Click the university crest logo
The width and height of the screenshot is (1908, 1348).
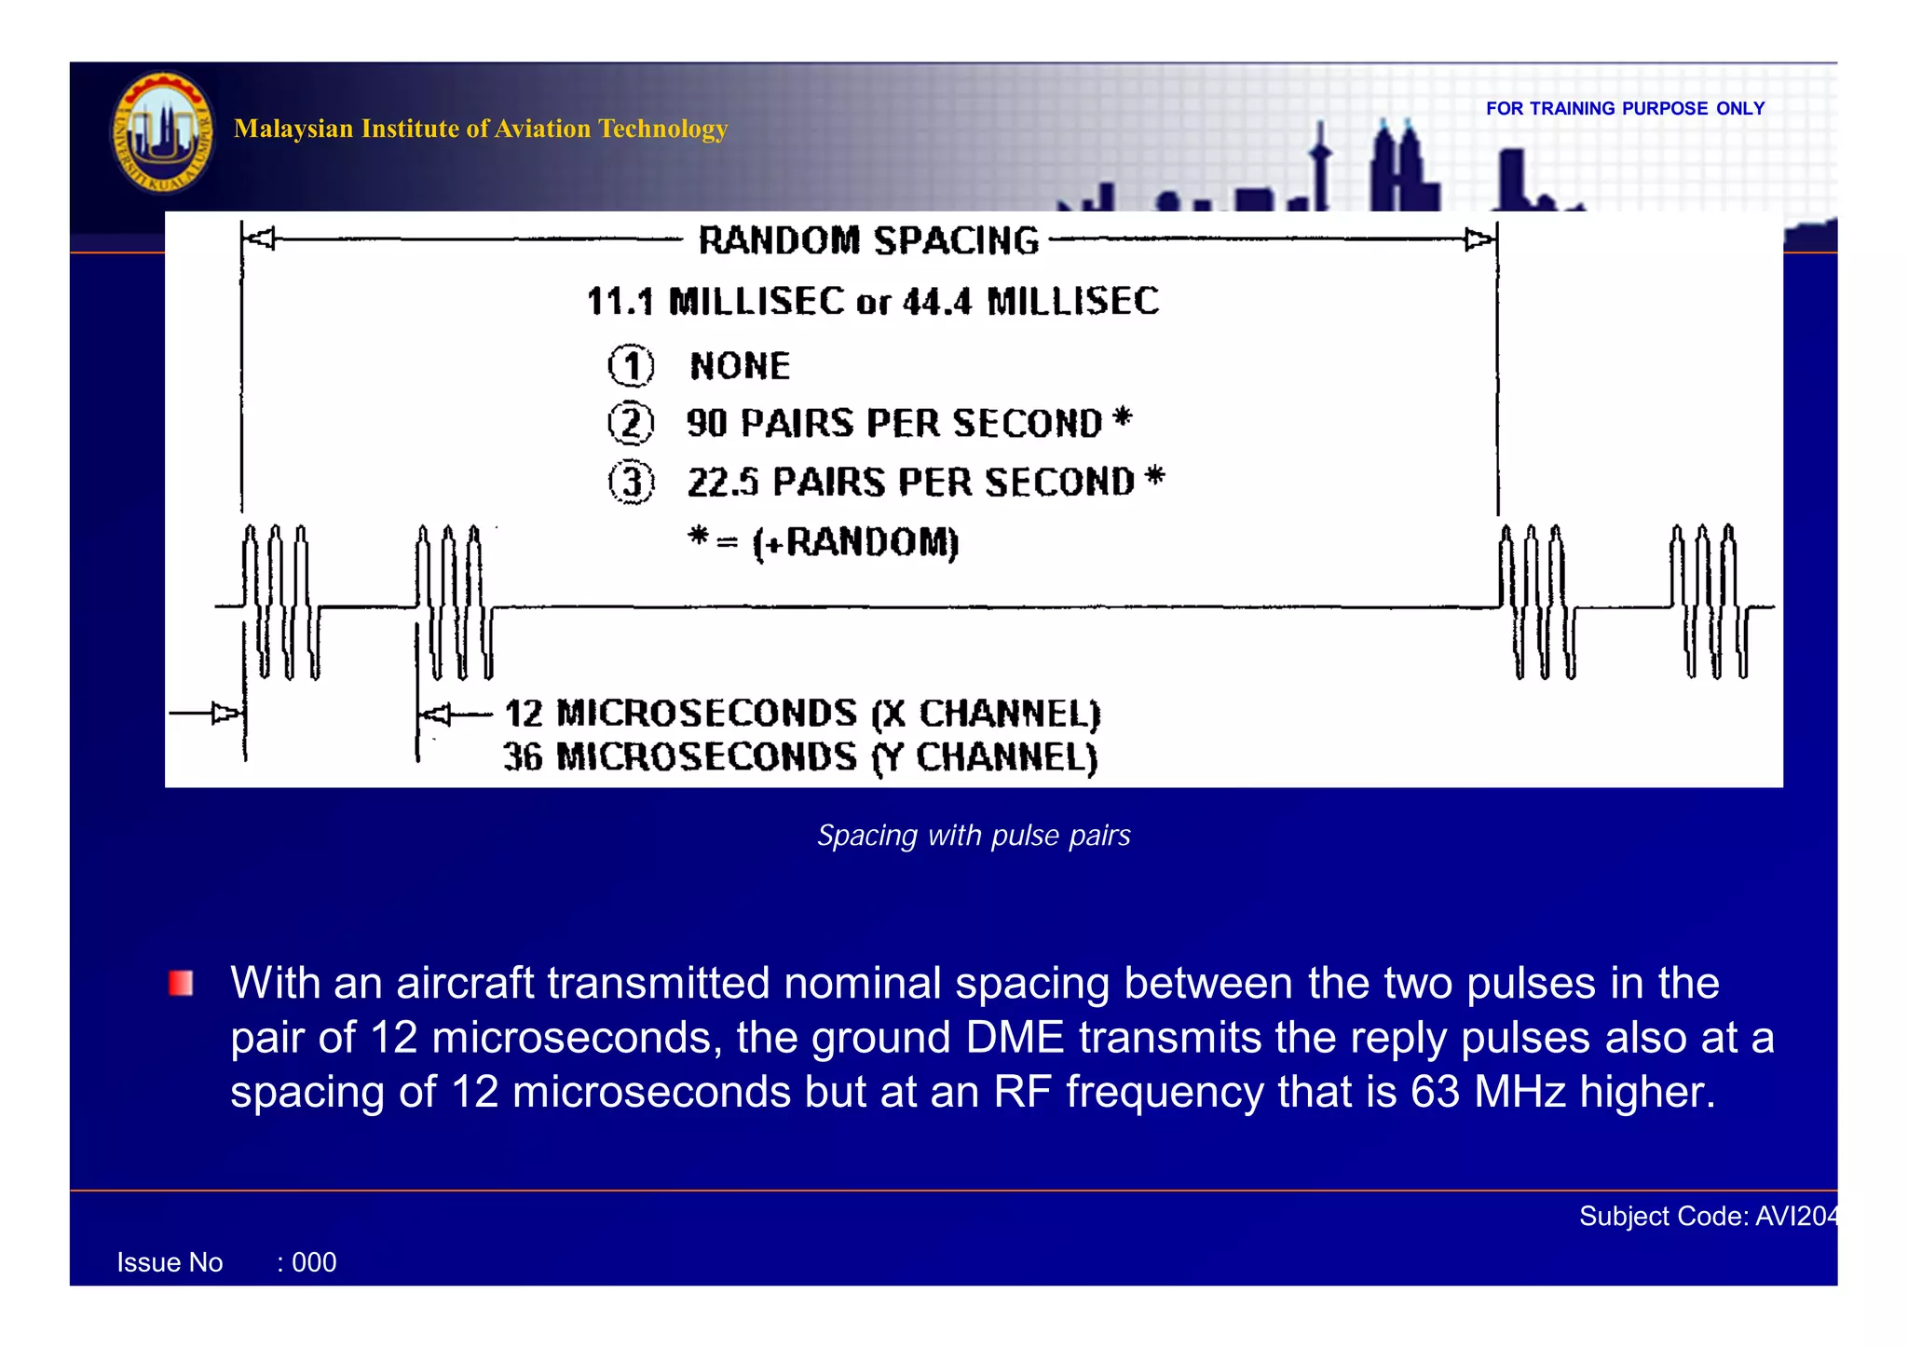pos(163,132)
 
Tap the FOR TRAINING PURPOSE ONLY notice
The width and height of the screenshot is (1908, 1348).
pos(1625,109)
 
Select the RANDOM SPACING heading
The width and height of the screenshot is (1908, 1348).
pos(868,241)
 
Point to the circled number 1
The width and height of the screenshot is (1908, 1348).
pos(632,366)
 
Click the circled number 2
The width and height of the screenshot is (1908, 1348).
pos(632,424)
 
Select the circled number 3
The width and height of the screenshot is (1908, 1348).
pos(632,483)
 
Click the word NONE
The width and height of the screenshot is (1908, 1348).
pos(740,366)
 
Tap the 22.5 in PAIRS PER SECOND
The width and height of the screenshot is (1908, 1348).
pos(722,483)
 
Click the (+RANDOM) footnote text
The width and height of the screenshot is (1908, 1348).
pos(855,542)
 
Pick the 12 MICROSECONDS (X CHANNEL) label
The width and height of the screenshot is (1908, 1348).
pos(802,715)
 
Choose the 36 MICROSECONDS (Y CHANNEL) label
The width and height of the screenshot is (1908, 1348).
pos(800,757)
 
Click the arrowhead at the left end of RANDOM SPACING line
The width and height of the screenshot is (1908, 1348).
pos(261,239)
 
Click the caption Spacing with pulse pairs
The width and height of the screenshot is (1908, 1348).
pos(974,836)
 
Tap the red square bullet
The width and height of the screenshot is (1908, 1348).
pos(181,984)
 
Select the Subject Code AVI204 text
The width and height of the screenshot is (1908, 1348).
pos(1707,1217)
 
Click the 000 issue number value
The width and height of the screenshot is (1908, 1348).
pos(314,1263)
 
